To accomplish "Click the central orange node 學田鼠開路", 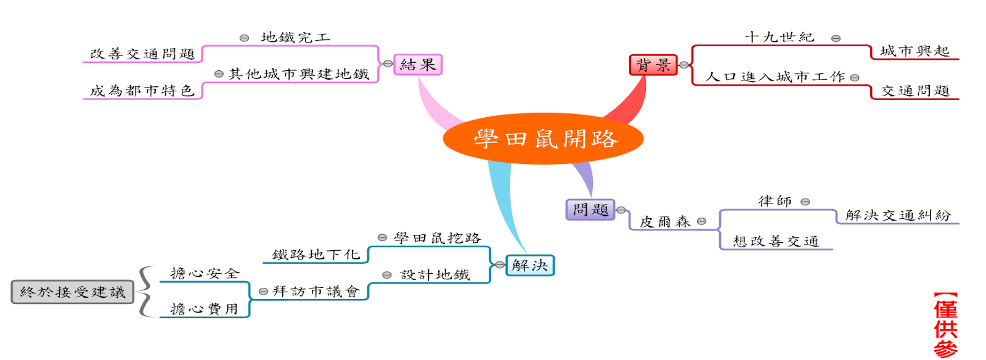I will coord(543,139).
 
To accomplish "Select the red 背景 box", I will coord(653,65).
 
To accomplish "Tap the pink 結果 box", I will coord(418,64).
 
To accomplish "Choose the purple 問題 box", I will coord(590,210).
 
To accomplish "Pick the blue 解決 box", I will coord(530,266).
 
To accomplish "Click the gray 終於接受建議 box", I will coord(73,292).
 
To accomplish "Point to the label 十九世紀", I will coord(780,38).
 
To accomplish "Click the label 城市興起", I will coord(915,51).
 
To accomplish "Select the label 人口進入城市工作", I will coord(775,77).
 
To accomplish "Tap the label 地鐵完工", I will coord(296,38).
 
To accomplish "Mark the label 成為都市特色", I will coord(142,91).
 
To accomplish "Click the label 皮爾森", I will coord(665,221).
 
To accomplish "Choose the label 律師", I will coord(775,202).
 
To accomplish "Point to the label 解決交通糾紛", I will coord(898,215).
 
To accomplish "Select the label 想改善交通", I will coord(775,241).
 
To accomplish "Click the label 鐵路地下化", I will coord(316,255).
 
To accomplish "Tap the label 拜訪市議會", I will coord(316,292).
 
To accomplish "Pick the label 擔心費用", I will coord(204,309).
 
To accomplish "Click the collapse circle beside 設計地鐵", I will coord(387,275).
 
